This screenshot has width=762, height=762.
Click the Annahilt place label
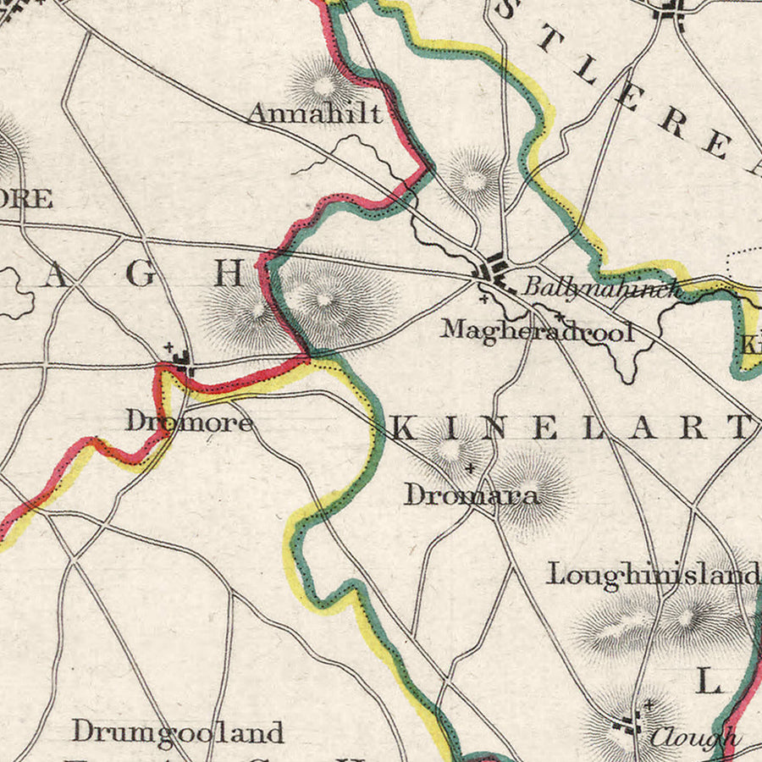(314, 113)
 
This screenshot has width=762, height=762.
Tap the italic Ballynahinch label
(601, 286)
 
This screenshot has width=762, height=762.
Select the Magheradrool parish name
(537, 330)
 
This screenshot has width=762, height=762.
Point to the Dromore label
(189, 421)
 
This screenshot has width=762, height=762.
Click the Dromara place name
(472, 494)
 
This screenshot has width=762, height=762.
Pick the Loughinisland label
(652, 574)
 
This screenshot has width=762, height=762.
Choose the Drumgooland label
(177, 731)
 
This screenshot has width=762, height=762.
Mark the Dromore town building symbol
(182, 365)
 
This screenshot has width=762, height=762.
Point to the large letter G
(143, 273)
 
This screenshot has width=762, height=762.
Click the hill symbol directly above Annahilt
(323, 83)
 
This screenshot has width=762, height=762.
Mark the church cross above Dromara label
(471, 467)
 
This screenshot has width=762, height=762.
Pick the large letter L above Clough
(708, 681)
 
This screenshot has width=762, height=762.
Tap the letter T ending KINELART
(741, 428)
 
